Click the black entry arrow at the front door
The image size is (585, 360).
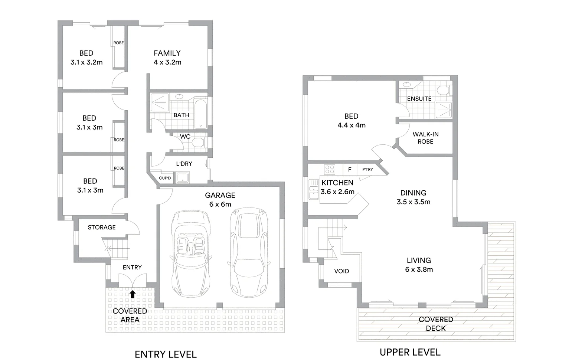133,294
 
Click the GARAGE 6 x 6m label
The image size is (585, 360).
220,200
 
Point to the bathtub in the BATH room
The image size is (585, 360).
201,114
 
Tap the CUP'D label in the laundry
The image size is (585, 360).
165,178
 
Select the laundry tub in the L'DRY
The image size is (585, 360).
183,178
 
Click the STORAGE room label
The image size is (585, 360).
102,227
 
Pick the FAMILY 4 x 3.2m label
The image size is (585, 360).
167,58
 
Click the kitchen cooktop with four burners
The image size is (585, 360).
329,169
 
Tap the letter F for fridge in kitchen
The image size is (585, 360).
350,170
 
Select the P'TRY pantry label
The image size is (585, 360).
367,169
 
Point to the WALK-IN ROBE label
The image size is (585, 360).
425,138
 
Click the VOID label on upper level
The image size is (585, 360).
341,271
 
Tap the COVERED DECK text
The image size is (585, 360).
436,324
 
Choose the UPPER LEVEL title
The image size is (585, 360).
410,352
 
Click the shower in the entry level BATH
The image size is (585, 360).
160,102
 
